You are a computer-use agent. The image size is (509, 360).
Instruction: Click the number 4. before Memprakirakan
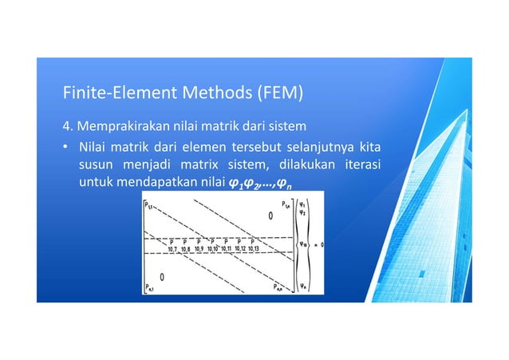pyautogui.click(x=68, y=127)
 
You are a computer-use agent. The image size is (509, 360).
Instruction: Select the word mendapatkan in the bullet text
pyautogui.click(x=159, y=185)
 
